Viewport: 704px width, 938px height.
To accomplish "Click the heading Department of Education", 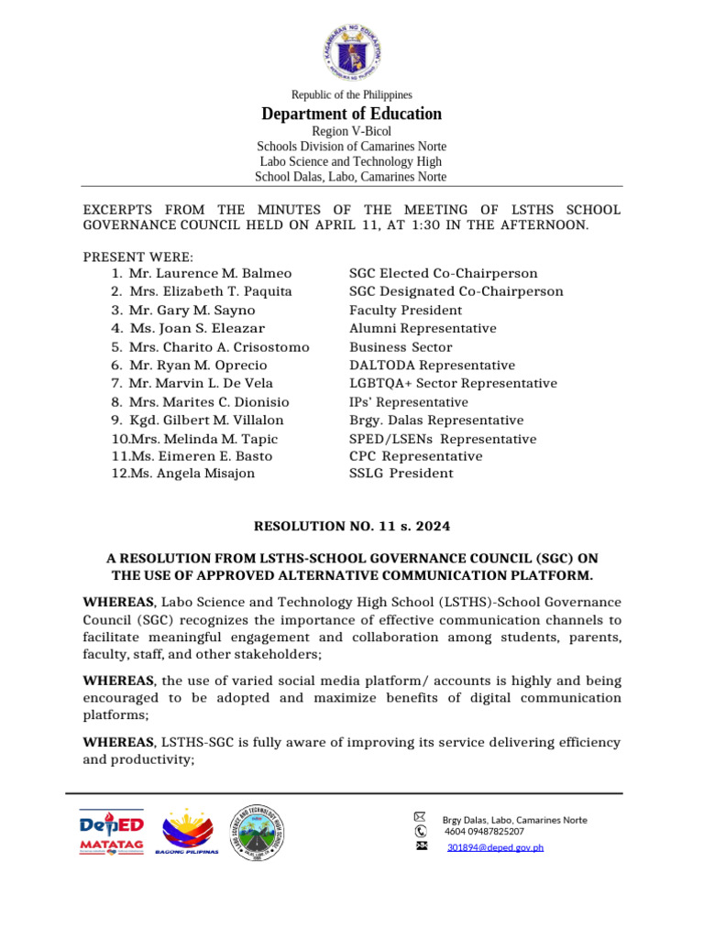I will (x=351, y=115).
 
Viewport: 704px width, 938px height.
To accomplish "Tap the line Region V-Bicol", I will (x=351, y=132).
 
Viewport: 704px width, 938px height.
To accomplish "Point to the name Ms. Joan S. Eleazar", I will (x=197, y=329).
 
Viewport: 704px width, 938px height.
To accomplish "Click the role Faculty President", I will (x=406, y=311).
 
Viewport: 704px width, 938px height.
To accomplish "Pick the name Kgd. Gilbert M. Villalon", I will (x=206, y=420).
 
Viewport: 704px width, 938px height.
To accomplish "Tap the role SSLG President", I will (x=401, y=474).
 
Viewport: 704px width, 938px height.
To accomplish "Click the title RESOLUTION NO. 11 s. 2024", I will (x=352, y=526).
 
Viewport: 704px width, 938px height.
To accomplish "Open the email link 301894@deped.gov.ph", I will (x=495, y=847).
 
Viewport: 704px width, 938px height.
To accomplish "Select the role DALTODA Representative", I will (x=432, y=365).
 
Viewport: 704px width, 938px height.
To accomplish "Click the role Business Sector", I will (x=401, y=347).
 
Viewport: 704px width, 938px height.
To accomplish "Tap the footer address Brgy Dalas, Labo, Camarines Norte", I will (x=514, y=820).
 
